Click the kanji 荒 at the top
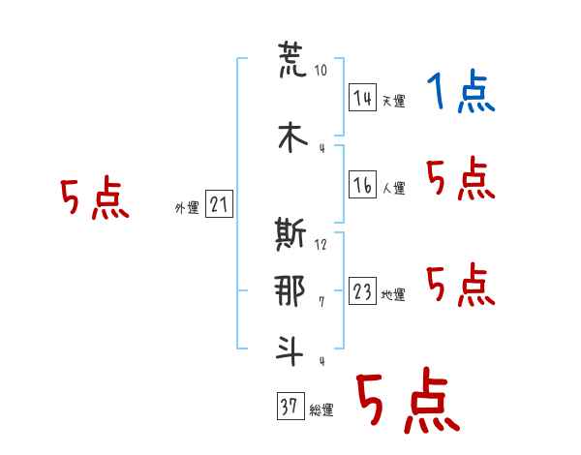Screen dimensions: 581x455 tap(292, 59)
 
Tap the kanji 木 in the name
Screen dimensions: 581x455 tap(292, 137)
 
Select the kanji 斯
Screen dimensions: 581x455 tap(290, 234)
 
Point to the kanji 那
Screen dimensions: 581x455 tap(290, 291)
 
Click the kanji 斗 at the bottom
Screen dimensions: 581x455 tap(290, 349)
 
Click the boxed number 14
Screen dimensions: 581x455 tap(362, 98)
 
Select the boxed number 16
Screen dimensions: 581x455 tap(362, 184)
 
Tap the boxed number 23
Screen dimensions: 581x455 tap(362, 290)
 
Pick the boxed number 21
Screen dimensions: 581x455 tap(219, 204)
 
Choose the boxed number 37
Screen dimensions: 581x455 tap(290, 406)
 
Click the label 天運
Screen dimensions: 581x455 tap(393, 101)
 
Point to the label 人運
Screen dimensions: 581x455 tap(393, 188)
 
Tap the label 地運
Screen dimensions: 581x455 tap(393, 295)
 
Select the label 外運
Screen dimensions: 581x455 tap(187, 208)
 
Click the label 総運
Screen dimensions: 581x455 tap(321, 410)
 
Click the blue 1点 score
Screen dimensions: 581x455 tap(461, 91)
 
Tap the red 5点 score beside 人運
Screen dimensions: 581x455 tap(461, 178)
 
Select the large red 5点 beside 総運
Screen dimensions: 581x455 tap(409, 400)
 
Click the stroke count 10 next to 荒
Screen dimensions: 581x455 tap(321, 70)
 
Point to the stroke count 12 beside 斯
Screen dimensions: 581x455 tap(321, 245)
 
